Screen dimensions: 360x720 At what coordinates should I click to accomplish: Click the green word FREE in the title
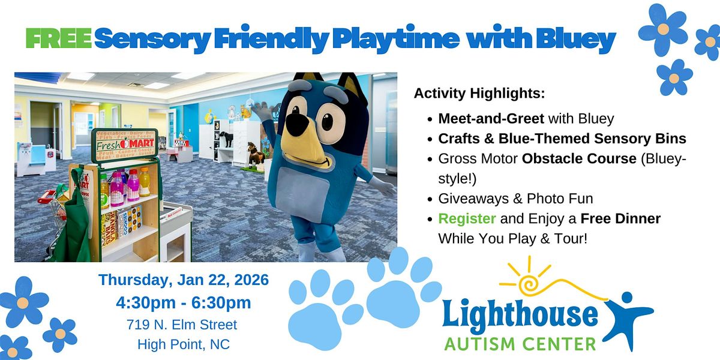pos(59,40)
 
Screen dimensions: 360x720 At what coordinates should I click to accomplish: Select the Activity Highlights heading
pos(479,94)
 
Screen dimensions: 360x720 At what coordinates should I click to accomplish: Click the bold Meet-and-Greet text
pos(491,119)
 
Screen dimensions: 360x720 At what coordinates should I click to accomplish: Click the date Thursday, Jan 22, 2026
pos(184,280)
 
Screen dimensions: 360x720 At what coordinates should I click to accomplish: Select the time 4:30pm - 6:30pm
pos(184,302)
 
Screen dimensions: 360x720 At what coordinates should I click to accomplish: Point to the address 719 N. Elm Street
pos(182,325)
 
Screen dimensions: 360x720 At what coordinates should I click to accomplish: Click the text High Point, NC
pos(183,344)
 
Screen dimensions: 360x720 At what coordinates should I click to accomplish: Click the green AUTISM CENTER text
pos(520,344)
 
